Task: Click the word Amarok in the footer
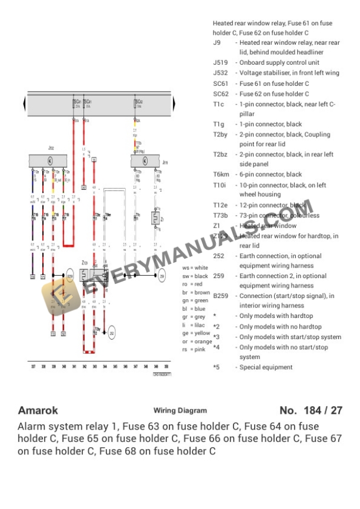coord(38,410)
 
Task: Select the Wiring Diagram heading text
coord(180,411)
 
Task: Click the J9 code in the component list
coord(216,43)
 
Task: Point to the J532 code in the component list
coord(220,73)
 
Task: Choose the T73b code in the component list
coord(220,216)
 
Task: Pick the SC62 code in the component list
coord(221,94)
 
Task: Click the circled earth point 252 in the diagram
coord(112,333)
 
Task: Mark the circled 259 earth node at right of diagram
coord(162,274)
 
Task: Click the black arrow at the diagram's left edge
coord(25,105)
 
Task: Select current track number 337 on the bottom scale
coord(33,366)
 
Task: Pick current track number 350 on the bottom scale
coord(166,366)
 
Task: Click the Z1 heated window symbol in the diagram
coord(155,219)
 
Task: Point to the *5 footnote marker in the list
coord(216,367)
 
